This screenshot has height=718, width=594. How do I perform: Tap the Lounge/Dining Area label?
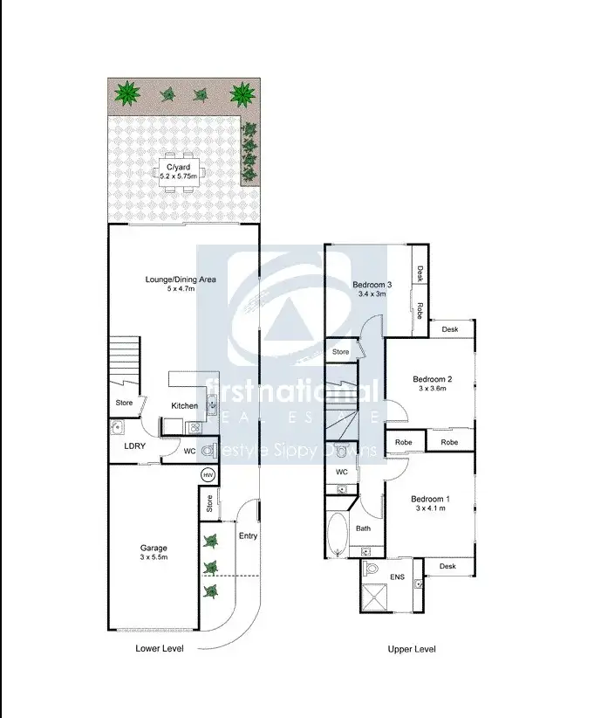pos(181,280)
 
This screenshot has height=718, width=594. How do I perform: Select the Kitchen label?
pos(184,405)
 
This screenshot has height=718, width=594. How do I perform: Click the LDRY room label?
pos(133,445)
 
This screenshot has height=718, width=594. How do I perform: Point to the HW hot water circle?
pos(208,474)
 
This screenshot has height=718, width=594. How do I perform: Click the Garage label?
pos(154,548)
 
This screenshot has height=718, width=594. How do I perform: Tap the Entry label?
pos(248,535)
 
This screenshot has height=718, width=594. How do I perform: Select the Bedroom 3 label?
pos(372,285)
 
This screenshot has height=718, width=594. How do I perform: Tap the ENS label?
pos(397,577)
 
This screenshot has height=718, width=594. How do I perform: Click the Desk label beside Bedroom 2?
pos(450,329)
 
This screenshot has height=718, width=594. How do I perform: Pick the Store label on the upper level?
pos(340,352)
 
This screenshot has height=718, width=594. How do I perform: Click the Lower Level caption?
pos(160,649)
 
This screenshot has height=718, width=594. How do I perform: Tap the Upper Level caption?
pos(412,649)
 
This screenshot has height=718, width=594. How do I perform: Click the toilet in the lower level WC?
pos(208,452)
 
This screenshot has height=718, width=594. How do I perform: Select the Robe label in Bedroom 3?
pos(420,310)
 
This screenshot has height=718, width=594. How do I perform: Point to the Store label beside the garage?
pos(209,504)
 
